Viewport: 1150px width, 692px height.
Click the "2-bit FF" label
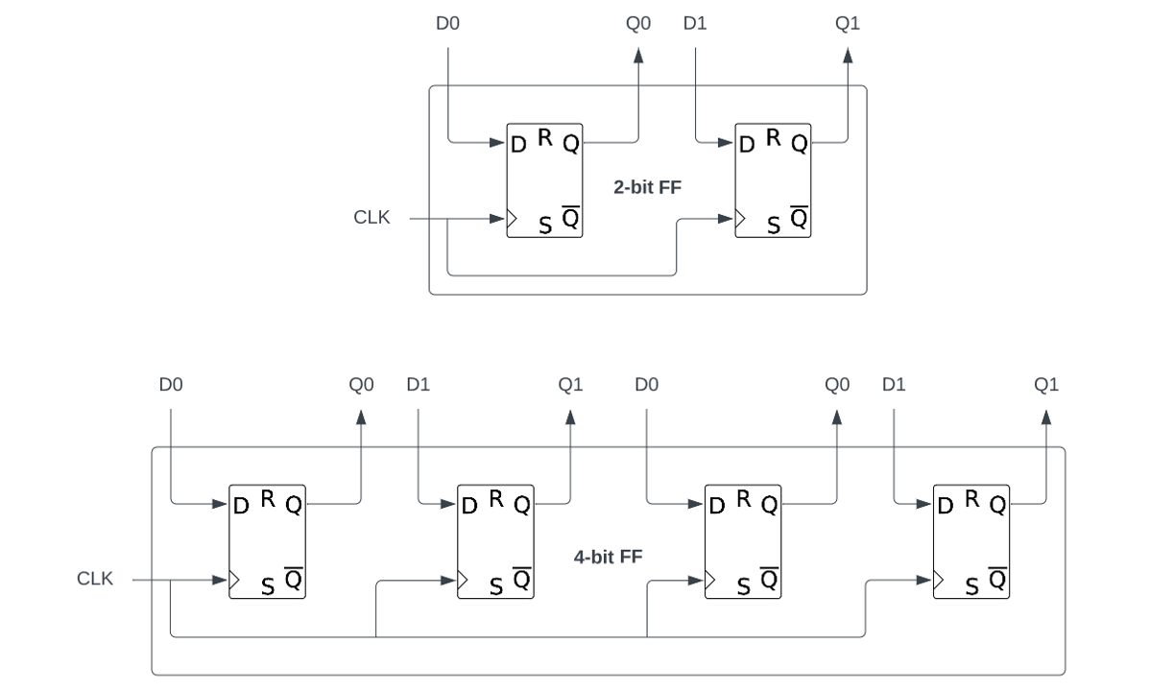pyautogui.click(x=647, y=188)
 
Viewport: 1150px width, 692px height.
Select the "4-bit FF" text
pyautogui.click(x=608, y=556)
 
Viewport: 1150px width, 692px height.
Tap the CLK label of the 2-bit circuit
pyautogui.click(x=371, y=218)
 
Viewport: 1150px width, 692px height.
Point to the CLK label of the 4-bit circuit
pyautogui.click(x=95, y=579)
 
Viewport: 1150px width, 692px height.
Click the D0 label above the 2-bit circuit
pyautogui.click(x=447, y=23)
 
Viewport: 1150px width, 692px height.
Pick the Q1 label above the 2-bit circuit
pyautogui.click(x=848, y=23)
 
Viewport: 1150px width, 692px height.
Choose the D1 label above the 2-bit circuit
pyautogui.click(x=696, y=23)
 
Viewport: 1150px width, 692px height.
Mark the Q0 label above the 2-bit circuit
pyautogui.click(x=638, y=23)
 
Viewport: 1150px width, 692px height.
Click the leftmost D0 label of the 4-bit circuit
pyautogui.click(x=171, y=385)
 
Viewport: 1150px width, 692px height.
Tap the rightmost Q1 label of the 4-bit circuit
pyautogui.click(x=1046, y=385)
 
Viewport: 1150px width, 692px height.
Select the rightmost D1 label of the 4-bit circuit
pyautogui.click(x=895, y=385)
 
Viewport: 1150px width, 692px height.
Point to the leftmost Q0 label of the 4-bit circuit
pyautogui.click(x=362, y=385)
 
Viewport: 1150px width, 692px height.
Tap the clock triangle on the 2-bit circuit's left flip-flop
pyautogui.click(x=513, y=219)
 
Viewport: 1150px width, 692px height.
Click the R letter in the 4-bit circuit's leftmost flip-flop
pyautogui.click(x=268, y=497)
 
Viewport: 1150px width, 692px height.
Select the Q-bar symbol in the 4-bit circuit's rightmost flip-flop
pyautogui.click(x=998, y=580)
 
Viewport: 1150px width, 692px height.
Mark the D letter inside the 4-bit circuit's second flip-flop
pyautogui.click(x=469, y=505)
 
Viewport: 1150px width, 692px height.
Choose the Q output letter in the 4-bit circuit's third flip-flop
pyautogui.click(x=769, y=505)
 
